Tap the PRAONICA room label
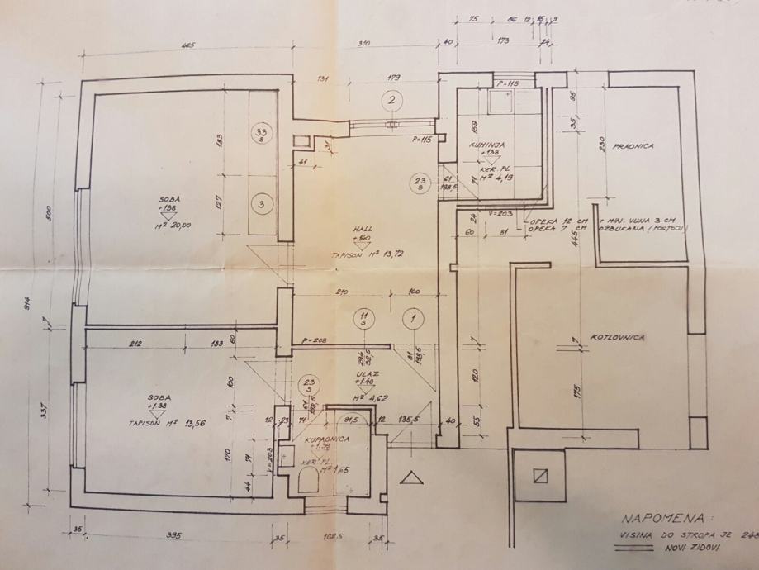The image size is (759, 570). [x=633, y=146]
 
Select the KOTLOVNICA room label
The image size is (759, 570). [x=618, y=338]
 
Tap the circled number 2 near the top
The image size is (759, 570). [x=392, y=101]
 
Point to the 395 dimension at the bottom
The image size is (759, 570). [x=173, y=535]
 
